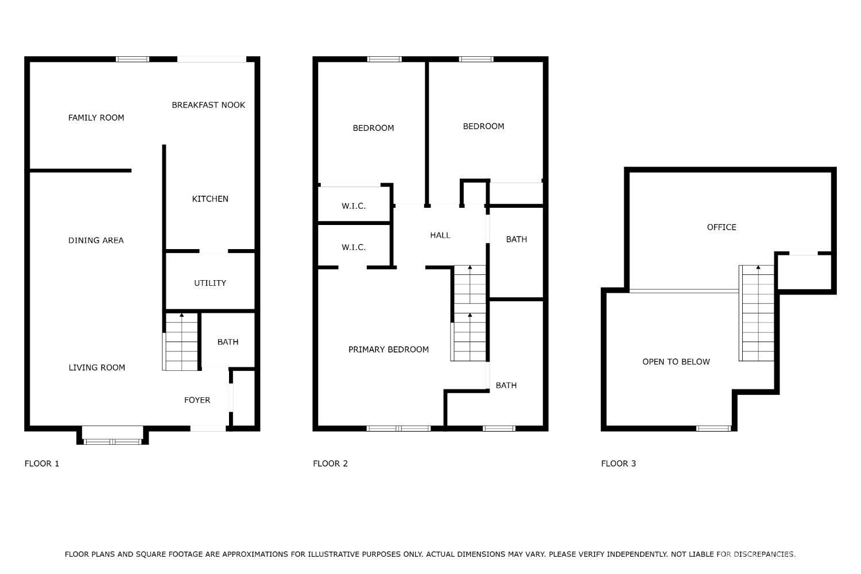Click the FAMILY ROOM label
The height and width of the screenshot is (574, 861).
pos(96,118)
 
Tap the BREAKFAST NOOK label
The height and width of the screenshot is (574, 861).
pos(208,105)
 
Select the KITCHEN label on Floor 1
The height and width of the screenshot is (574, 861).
pos(210,199)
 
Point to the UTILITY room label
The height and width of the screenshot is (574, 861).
pos(210,283)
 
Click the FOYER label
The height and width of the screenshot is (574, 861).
pos(197,400)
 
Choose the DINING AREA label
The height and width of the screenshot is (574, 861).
pos(96,241)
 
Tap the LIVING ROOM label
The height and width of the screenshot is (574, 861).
pos(97,367)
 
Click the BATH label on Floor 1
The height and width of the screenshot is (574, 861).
pos(228,342)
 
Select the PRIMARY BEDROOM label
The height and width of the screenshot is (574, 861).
pos(388,350)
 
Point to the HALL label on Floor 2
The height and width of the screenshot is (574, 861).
pos(440,235)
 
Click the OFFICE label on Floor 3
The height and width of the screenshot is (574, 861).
pos(722,227)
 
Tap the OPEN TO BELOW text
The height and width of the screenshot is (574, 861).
pos(676,362)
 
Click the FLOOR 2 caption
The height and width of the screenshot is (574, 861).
pos(330,464)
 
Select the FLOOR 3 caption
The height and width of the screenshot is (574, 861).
pos(618,464)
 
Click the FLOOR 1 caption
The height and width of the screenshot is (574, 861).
pos(42,464)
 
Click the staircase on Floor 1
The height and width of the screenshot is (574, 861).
pos(180,342)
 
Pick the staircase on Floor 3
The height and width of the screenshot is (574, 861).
pos(757,313)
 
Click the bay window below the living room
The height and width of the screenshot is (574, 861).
pos(113,436)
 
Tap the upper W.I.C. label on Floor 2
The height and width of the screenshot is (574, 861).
pos(354,206)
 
